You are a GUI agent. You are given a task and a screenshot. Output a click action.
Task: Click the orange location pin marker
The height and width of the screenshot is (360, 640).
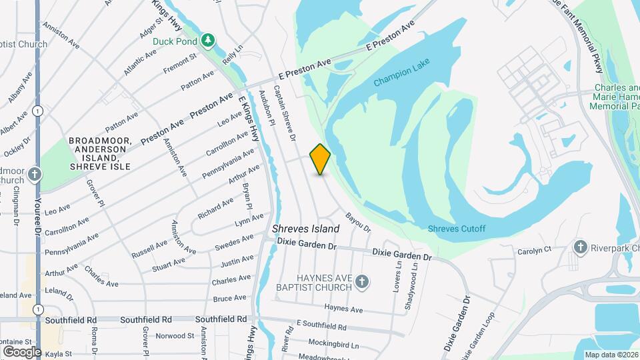[321, 159]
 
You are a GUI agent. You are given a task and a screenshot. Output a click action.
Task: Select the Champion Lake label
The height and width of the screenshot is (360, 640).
[402, 73]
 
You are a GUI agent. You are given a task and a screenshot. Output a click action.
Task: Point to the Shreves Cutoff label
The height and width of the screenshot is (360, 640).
[457, 229]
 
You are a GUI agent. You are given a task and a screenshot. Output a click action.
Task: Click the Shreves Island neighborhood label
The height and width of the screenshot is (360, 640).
[305, 229]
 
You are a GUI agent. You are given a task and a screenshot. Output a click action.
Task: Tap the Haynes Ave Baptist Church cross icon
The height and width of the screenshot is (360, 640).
[362, 281]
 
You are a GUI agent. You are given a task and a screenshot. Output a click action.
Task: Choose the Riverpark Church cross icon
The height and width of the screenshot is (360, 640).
[580, 248]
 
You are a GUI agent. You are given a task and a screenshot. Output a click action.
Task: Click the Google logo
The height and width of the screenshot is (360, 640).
[21, 351]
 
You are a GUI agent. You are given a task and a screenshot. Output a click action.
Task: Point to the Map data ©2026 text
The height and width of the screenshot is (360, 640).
[611, 355]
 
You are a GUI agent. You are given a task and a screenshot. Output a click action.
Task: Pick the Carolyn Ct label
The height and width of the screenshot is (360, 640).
[535, 251]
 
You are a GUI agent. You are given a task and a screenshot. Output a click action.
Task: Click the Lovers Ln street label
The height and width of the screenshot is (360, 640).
[398, 277]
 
